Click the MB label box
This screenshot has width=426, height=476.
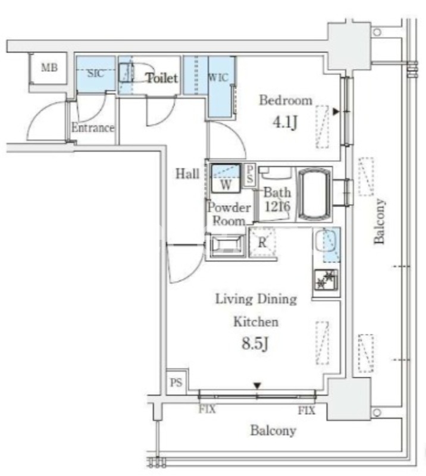tap(49, 68)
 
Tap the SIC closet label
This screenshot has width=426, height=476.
tap(95, 74)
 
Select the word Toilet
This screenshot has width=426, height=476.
tap(162, 77)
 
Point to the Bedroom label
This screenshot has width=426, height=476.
tap(286, 101)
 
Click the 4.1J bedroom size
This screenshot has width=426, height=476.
tap(285, 124)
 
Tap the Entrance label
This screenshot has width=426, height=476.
tap(93, 127)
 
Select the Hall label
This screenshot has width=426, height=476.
tap(187, 174)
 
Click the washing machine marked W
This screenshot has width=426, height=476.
tap(225, 177)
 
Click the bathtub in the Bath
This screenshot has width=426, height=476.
tap(315, 195)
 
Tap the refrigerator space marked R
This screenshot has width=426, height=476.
tap(262, 243)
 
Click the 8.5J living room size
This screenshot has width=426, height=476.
tap(255, 345)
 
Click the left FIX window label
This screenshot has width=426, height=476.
tap(207, 411)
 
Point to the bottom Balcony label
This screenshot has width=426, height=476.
tap(272, 431)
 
